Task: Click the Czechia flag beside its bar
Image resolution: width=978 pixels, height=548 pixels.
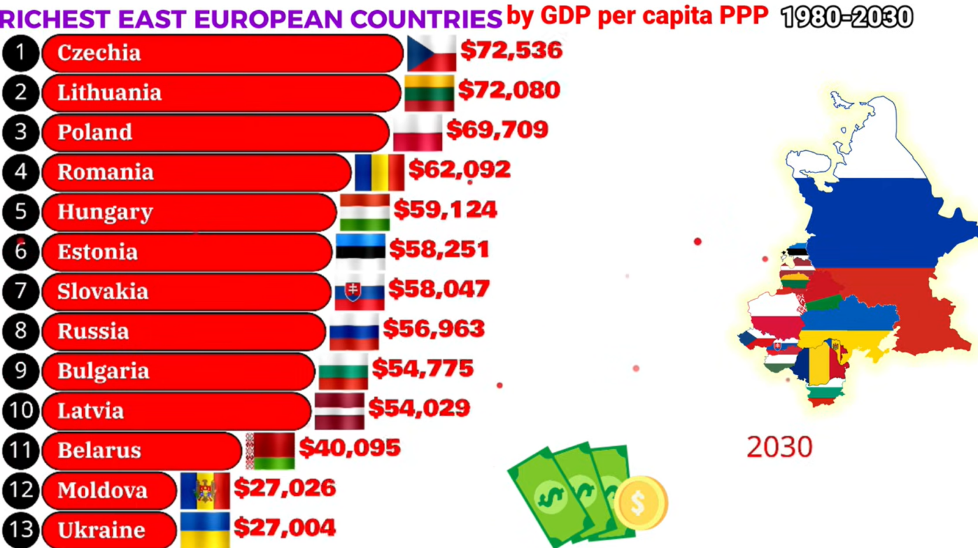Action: [431, 53]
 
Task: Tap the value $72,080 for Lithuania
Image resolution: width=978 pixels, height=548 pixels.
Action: [509, 90]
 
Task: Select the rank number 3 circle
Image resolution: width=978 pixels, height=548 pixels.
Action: [20, 132]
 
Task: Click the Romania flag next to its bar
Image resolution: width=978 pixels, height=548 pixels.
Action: [379, 172]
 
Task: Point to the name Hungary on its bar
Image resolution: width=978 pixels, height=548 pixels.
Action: [105, 212]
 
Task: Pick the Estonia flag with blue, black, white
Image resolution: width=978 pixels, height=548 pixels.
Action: [360, 252]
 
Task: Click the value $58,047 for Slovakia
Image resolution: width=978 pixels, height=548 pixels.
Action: [439, 289]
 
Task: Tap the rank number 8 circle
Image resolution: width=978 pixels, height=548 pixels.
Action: [20, 331]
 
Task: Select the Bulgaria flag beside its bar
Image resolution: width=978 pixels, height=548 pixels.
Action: [343, 371]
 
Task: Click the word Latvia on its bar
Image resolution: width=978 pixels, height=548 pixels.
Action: [91, 411]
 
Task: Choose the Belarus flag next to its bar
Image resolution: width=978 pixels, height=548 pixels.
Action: [270, 451]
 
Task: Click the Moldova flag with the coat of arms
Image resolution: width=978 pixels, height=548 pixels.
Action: [205, 491]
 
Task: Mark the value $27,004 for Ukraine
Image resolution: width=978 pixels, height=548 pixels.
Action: [285, 528]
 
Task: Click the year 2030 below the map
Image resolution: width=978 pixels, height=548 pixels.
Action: [780, 447]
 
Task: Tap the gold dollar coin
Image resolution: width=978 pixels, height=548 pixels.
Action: [641, 503]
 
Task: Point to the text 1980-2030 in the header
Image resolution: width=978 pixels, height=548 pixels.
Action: [847, 17]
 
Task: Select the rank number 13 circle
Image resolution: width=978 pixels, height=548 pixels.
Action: [20, 530]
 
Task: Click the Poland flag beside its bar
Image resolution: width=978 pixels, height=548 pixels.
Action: [418, 132]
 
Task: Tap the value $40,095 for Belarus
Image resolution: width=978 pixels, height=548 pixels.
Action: [350, 447]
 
